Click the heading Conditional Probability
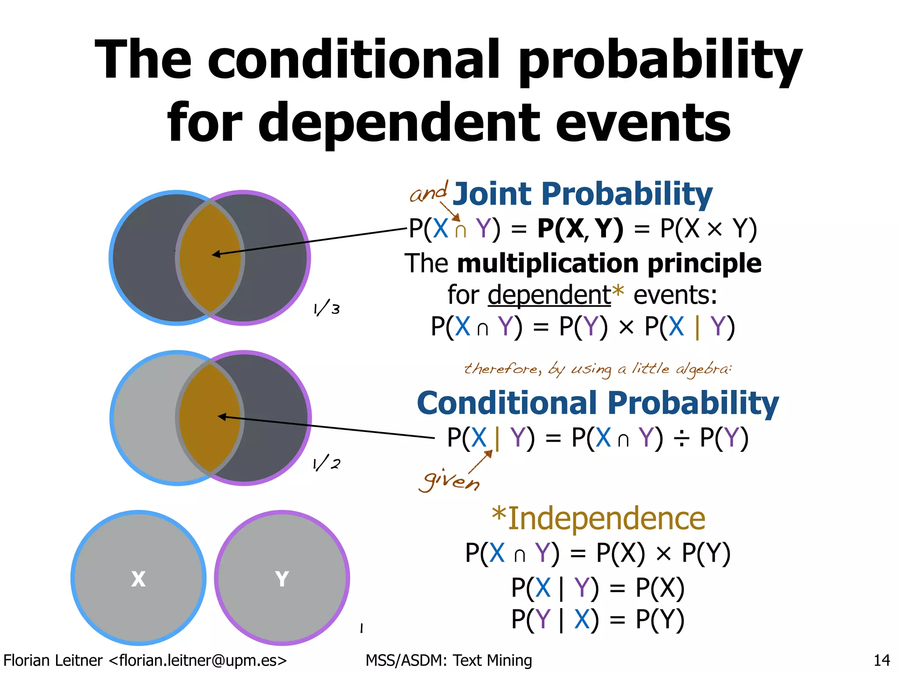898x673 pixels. point(597,403)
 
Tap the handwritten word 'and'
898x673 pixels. point(428,192)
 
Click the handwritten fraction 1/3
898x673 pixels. point(327,309)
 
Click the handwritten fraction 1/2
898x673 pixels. point(326,464)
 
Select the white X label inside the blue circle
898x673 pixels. point(138,579)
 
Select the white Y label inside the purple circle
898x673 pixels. point(282,579)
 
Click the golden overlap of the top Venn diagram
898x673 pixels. point(210,258)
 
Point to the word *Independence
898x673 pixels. point(598,518)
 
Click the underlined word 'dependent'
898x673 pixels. point(549,295)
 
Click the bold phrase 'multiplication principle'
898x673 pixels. point(609,263)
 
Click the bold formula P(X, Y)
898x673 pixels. point(580,229)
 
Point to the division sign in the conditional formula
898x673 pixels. point(681,438)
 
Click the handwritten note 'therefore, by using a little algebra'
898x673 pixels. point(598,369)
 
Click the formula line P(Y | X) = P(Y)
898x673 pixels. point(597,620)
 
